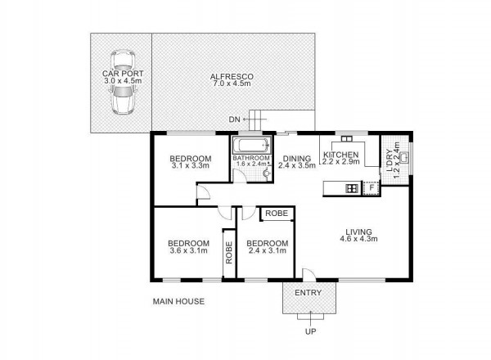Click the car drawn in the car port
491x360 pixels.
pyautogui.click(x=123, y=82)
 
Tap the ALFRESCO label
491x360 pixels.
pyautogui.click(x=232, y=77)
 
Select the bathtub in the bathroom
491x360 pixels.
pyautogui.click(x=251, y=146)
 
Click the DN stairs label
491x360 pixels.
pyautogui.click(x=234, y=119)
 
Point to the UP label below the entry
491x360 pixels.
pyautogui.click(x=311, y=331)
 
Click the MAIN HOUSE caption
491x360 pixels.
pyautogui.click(x=178, y=301)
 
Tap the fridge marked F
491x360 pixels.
pyautogui.click(x=372, y=188)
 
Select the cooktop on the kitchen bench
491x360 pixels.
pyautogui.click(x=352, y=188)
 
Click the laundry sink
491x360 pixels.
pyautogui.click(x=406, y=157)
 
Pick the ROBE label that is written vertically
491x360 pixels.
pyautogui.click(x=229, y=252)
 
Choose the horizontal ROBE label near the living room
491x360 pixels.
pyautogui.click(x=277, y=214)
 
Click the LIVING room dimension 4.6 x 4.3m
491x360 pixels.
pyautogui.click(x=358, y=239)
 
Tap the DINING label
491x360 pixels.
pyautogui.click(x=297, y=159)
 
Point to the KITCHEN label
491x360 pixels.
pyautogui.click(x=340, y=155)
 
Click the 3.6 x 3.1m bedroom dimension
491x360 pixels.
pyautogui.click(x=188, y=250)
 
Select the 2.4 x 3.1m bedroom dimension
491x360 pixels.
pyautogui.click(x=267, y=250)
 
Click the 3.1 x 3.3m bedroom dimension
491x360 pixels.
pyautogui.click(x=191, y=166)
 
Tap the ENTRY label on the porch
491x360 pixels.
pyautogui.click(x=309, y=293)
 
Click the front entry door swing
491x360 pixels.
pyautogui.click(x=309, y=273)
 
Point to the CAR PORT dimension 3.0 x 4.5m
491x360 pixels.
pyautogui.click(x=123, y=81)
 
